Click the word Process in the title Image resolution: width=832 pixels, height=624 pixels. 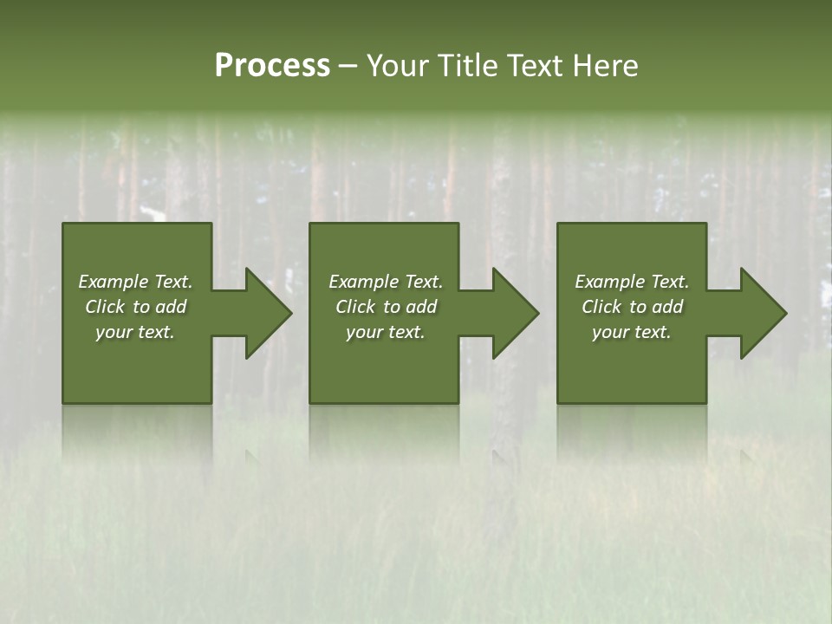pos(272,66)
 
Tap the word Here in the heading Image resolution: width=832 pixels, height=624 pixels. pos(606,66)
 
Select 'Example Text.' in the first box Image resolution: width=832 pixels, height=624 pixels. pos(135,282)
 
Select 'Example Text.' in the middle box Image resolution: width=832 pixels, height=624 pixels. pos(386,282)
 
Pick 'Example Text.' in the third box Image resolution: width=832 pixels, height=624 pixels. pos(632,282)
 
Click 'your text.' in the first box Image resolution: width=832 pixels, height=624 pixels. pos(135,332)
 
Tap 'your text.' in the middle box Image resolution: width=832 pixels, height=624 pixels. pos(386,332)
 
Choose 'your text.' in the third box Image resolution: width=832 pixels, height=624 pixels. pos(632,332)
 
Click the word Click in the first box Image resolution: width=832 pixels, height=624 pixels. pos(105,307)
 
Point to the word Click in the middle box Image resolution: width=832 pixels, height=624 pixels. pos(355,307)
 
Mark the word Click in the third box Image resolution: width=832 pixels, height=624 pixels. pos(601,307)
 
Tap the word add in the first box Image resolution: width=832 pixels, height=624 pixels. pos(171,307)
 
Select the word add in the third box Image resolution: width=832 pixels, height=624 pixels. pos(667,307)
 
